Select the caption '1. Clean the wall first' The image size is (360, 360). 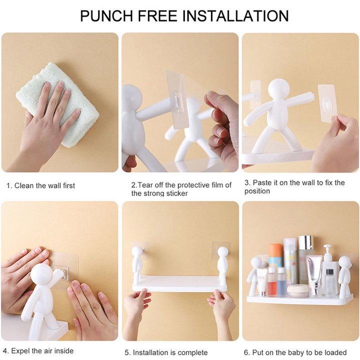tap(40, 185)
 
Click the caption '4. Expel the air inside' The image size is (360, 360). tap(38, 351)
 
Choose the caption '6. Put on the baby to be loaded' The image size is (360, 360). tap(295, 352)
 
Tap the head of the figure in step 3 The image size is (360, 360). tap(278, 90)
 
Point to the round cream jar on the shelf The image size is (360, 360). tap(297, 290)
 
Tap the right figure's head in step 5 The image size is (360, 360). tap(222, 252)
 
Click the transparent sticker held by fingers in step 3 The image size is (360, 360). tap(326, 102)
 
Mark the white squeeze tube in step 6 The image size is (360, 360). tap(314, 275)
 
